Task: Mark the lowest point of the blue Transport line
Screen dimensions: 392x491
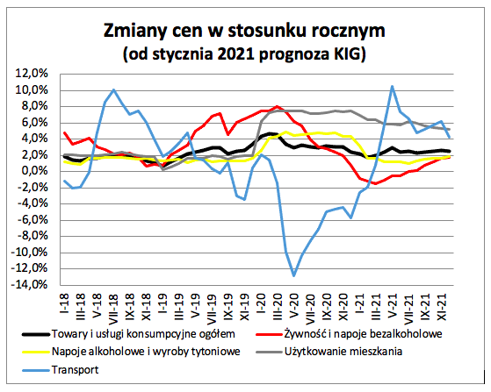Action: pos(294,275)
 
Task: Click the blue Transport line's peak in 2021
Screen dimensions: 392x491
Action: pos(392,86)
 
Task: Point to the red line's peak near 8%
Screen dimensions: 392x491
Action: pos(278,106)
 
